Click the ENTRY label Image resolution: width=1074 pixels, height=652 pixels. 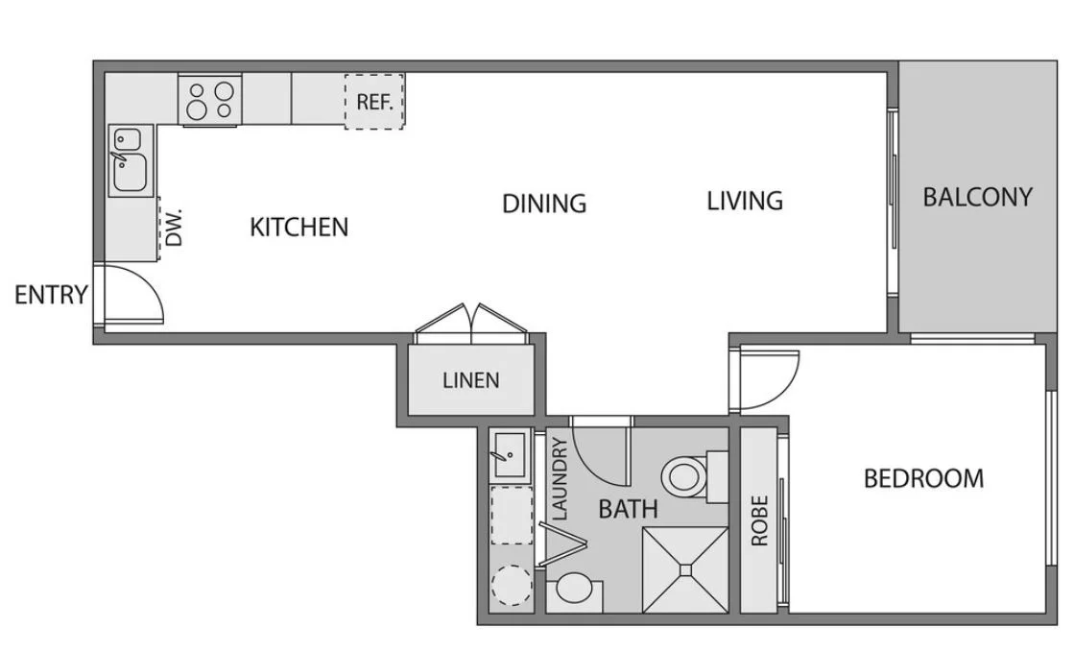52,295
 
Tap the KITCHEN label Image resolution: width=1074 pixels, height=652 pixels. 299,227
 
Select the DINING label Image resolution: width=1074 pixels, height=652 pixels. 544,204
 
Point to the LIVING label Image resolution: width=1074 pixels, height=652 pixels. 745,201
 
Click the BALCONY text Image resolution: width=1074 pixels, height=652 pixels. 977,198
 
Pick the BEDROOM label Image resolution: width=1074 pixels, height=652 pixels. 924,478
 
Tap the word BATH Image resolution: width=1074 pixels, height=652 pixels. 628,509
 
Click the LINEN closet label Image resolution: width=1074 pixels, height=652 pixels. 471,380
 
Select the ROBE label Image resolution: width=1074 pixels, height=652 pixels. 759,521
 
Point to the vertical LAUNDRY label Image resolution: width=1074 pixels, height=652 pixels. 560,479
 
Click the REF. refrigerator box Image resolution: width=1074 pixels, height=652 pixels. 374,102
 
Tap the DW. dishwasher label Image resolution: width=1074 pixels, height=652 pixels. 175,228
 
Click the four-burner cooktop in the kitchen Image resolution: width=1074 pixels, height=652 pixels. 209,100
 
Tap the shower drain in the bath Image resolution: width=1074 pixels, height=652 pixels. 685,568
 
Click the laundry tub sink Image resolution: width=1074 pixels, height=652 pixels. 510,454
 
